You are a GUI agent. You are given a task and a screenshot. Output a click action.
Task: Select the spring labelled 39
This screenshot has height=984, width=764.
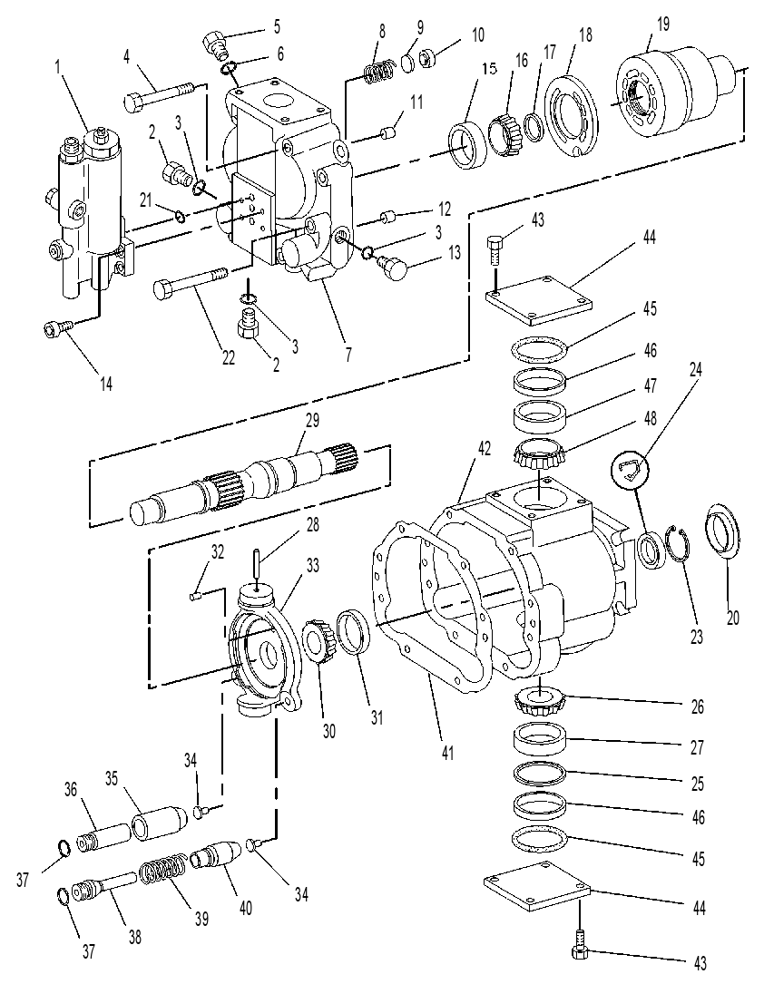tap(162, 871)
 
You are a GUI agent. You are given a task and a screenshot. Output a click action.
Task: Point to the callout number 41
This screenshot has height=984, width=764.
tap(447, 751)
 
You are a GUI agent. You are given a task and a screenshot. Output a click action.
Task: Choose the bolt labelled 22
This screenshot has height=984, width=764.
tap(191, 280)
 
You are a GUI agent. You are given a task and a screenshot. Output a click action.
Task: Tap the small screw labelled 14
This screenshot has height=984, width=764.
tap(59, 327)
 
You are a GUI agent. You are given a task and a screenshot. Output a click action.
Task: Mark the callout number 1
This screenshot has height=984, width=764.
tap(59, 67)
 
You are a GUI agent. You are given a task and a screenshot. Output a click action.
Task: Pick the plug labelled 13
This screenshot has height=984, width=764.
tap(392, 267)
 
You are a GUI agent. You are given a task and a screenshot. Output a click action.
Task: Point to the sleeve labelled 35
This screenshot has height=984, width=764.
tap(159, 823)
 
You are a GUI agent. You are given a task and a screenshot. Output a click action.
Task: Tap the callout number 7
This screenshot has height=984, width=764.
tap(348, 354)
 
